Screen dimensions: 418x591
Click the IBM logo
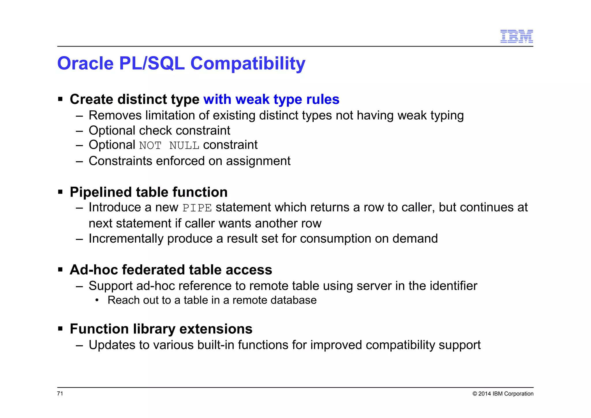coord(516,36)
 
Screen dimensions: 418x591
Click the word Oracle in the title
coord(85,63)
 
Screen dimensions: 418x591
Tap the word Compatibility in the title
coord(248,64)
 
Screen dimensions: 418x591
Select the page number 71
coord(60,393)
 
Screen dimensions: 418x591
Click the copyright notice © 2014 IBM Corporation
coord(503,394)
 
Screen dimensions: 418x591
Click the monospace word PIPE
coord(197,208)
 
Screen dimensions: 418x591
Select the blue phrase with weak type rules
coord(271,99)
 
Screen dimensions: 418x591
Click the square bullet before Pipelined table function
coord(60,192)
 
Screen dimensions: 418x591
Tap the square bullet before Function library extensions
coord(60,329)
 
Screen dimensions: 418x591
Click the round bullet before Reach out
coord(97,300)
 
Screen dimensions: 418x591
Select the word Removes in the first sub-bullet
coord(115,116)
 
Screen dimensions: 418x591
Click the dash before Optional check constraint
coord(79,131)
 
